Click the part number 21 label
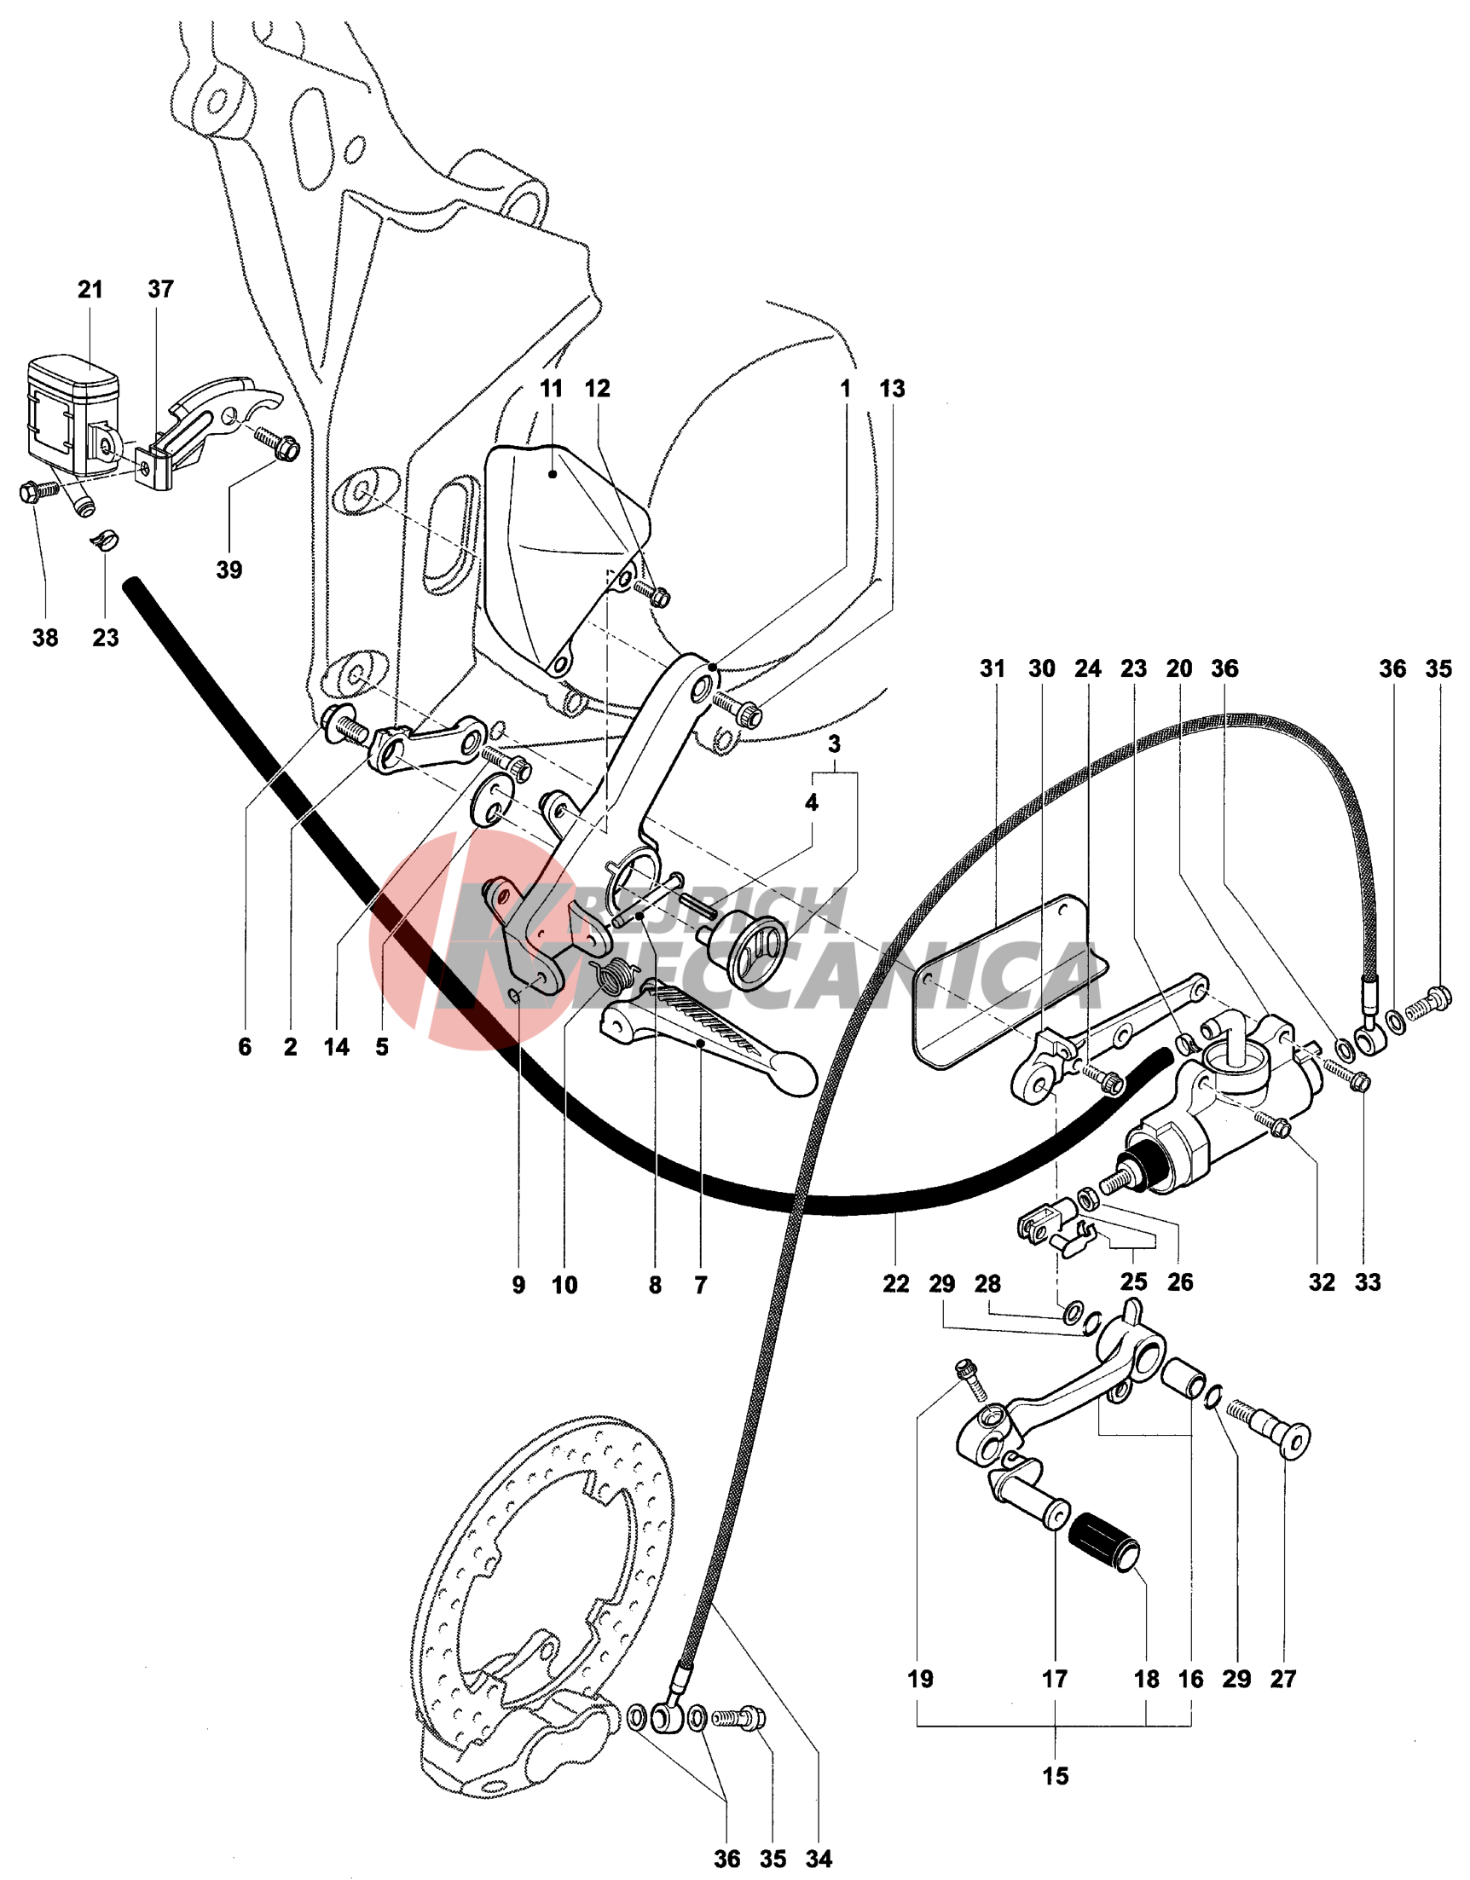(x=90, y=289)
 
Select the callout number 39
(x=229, y=570)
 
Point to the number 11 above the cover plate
(x=551, y=388)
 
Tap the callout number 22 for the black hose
(x=896, y=1283)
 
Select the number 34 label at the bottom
(x=819, y=1859)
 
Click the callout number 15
(x=1055, y=1776)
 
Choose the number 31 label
(x=992, y=668)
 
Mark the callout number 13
(x=893, y=388)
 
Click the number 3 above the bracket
(x=834, y=743)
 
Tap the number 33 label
(x=1368, y=1281)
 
